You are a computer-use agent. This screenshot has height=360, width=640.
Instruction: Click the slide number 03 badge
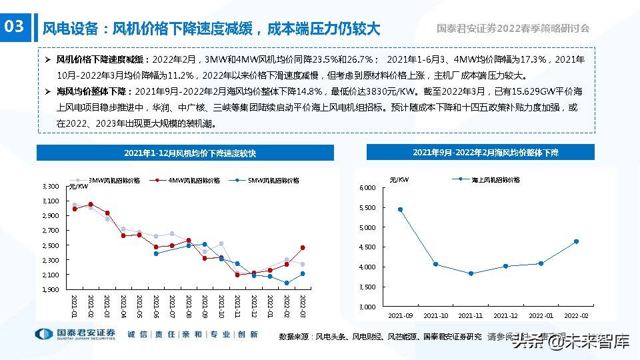[14, 27]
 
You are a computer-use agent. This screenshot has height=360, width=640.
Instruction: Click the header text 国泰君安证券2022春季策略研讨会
[513, 29]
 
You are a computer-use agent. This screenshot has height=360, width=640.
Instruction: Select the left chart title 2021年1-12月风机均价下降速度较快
[190, 153]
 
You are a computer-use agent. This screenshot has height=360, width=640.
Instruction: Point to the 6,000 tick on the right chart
[368, 188]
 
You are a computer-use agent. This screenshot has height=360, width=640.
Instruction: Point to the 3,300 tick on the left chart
[51, 186]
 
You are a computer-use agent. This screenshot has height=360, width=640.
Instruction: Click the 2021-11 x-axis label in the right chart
[471, 315]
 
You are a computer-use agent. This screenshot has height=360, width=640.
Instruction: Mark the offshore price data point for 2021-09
[400, 209]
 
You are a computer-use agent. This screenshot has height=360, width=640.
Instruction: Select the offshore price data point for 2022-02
[576, 241]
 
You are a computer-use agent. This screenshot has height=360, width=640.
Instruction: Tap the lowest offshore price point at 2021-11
[471, 273]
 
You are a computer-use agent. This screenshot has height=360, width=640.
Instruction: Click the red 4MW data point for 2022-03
[302, 247]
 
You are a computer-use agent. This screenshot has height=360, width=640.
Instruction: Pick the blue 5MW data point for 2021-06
[156, 253]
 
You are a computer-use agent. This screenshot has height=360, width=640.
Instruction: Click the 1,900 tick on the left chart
[51, 289]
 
